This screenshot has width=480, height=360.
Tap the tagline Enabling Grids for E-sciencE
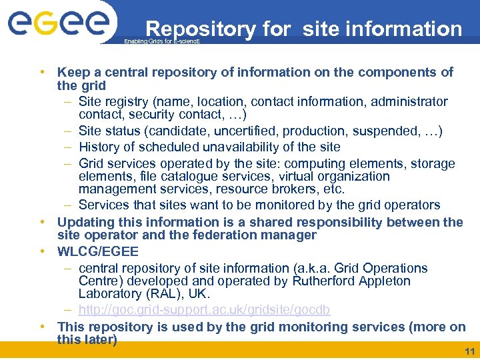(162, 41)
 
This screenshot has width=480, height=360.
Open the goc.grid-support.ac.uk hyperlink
(204, 311)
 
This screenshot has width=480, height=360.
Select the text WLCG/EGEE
(98, 251)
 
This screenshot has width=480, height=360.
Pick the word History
(100, 147)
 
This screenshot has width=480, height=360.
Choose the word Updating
(87, 222)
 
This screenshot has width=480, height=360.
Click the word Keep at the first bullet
(72, 72)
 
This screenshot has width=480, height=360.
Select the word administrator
(409, 101)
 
